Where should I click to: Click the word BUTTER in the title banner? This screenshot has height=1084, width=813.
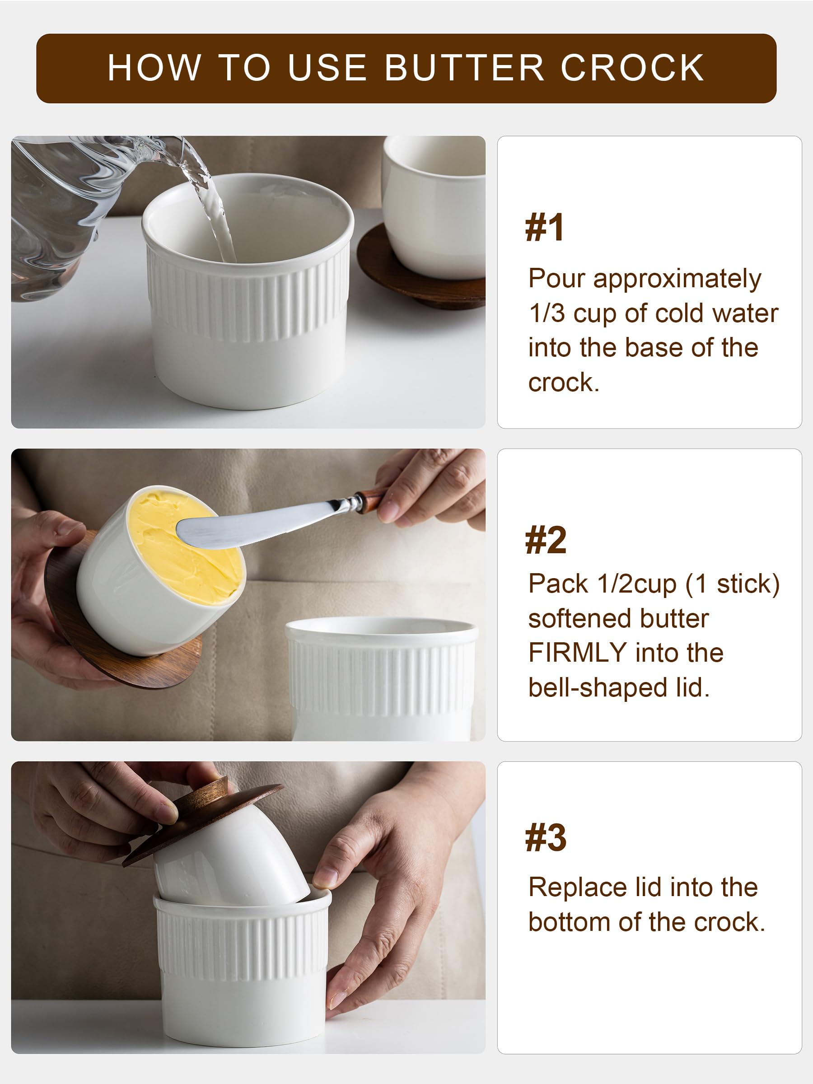pyautogui.click(x=464, y=68)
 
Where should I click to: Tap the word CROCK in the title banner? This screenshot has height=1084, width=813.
pyautogui.click(x=632, y=68)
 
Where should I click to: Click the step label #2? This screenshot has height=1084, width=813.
pyautogui.click(x=545, y=541)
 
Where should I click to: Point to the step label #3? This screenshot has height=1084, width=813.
pyautogui.click(x=545, y=838)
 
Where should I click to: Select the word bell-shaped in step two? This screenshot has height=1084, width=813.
pyautogui.click(x=598, y=687)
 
